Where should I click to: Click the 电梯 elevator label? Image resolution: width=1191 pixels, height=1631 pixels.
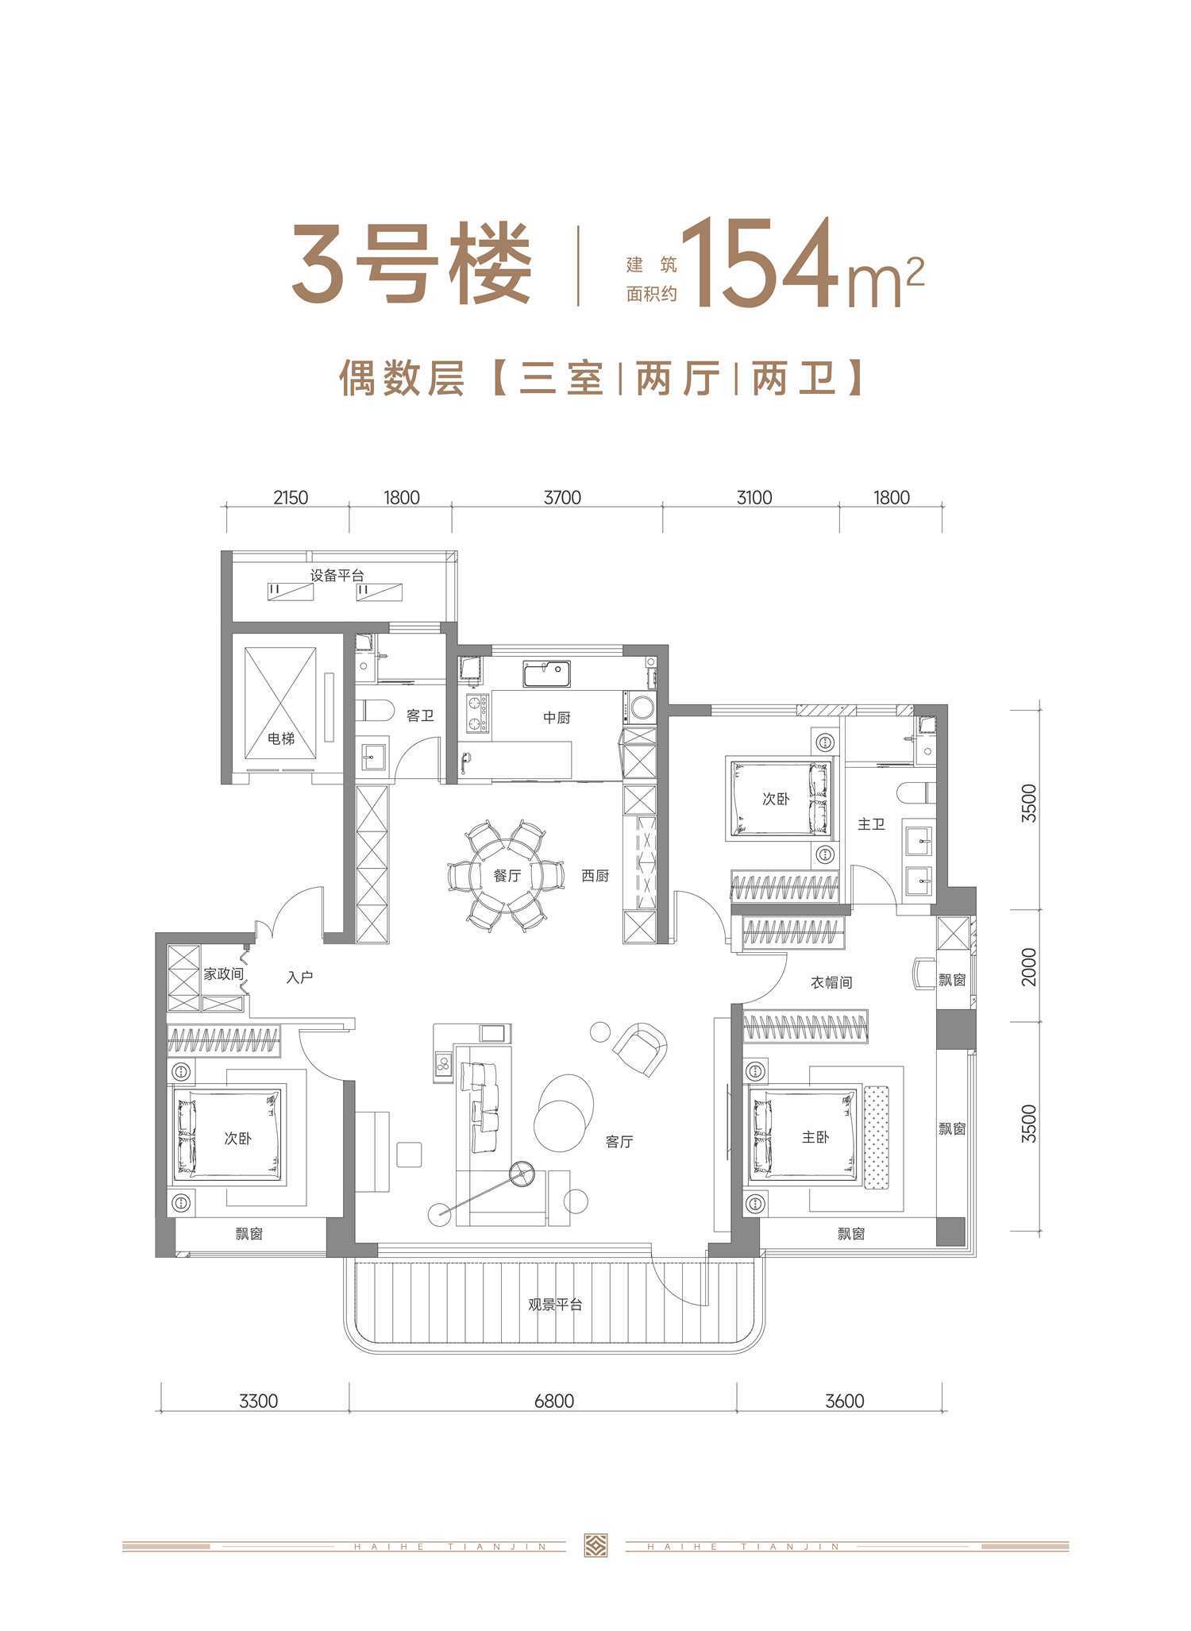click(x=281, y=738)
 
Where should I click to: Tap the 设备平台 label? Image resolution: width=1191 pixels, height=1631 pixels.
click(x=337, y=576)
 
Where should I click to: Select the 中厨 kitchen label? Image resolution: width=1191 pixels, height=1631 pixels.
click(x=557, y=717)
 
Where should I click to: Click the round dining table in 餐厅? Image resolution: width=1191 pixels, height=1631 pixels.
click(x=507, y=874)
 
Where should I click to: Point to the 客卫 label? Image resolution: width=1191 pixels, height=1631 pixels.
click(x=420, y=715)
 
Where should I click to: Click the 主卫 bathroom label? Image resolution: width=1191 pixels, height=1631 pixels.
click(x=871, y=824)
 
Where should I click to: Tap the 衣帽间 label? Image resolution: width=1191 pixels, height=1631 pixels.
click(x=831, y=982)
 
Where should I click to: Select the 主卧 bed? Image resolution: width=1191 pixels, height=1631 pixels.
click(x=804, y=1138)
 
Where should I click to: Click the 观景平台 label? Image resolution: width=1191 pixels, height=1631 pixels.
click(x=556, y=1304)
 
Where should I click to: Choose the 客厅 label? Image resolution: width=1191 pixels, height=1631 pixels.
click(x=619, y=1142)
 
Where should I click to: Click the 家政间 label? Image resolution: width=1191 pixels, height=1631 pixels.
click(x=223, y=974)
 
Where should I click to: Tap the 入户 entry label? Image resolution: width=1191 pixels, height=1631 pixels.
click(x=299, y=977)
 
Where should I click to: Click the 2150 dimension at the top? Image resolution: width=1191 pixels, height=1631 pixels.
click(x=290, y=498)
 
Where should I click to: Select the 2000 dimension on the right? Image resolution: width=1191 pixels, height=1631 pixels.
click(x=1029, y=966)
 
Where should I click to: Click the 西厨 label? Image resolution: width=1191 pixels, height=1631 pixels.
click(x=595, y=877)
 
